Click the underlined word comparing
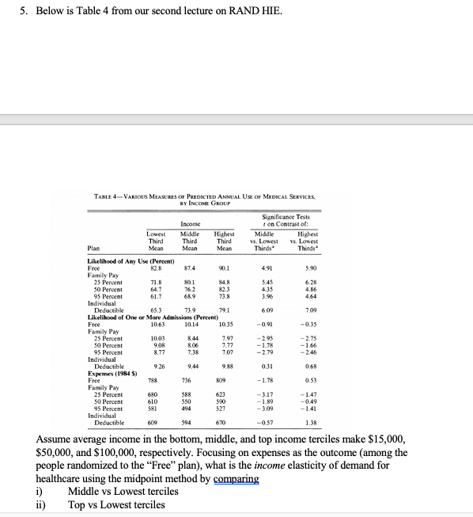tap(235, 479)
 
